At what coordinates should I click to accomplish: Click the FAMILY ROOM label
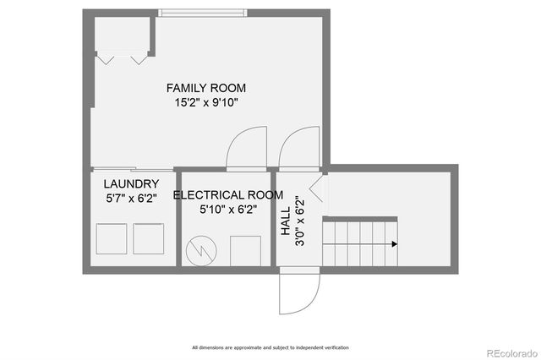206,88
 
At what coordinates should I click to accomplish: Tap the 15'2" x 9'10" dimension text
206,102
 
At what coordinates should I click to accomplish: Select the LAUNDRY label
132,183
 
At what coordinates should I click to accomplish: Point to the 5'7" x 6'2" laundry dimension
132,199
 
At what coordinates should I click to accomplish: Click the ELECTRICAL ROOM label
228,195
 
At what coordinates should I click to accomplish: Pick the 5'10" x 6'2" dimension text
228,210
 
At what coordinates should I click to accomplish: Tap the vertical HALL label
286,221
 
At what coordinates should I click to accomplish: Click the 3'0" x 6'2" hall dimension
300,221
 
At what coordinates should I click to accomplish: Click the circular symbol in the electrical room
201,251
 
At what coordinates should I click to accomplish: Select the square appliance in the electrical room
245,251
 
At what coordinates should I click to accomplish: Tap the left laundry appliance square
112,239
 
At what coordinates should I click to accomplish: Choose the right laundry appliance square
149,239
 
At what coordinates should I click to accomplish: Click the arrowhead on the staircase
395,244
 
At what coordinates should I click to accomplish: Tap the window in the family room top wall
203,14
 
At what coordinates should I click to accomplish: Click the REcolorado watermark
512,353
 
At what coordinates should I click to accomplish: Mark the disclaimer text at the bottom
270,347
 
